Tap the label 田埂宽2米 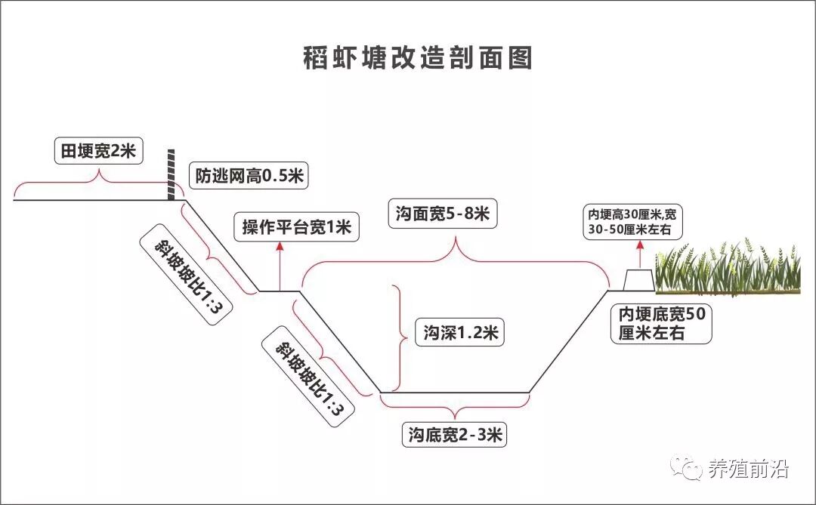pos(97,151)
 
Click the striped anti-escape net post pos(172,175)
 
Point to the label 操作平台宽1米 pos(296,226)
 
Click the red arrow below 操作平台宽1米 pos(280,266)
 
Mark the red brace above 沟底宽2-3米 pos(453,408)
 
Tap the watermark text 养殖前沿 pos(748,470)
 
